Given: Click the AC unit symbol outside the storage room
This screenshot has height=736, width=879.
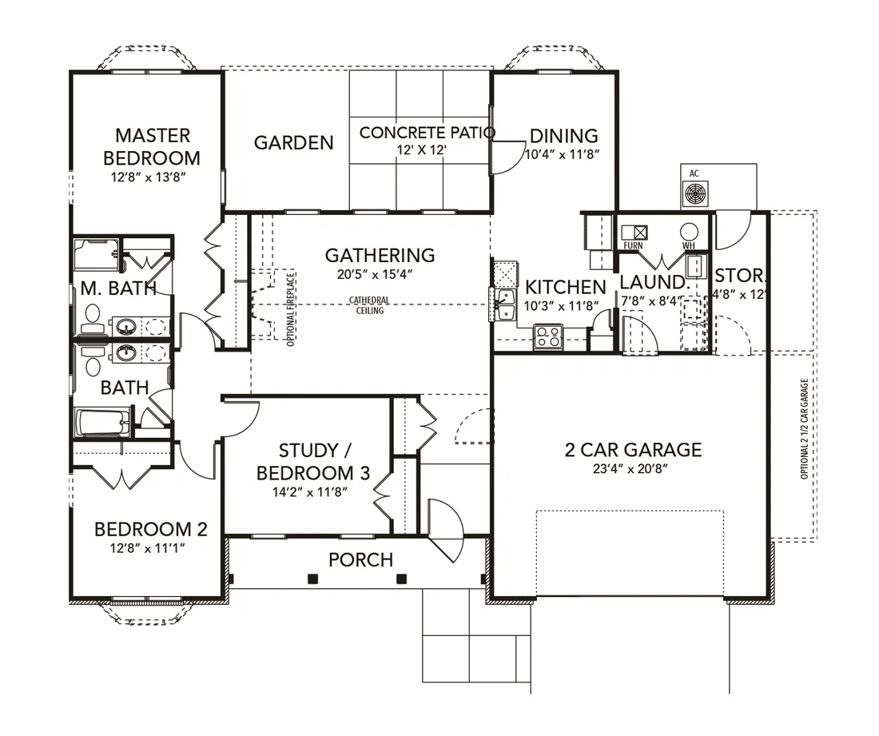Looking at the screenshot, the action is click(x=694, y=194).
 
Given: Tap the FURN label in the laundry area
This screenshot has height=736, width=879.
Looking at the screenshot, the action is click(x=633, y=245).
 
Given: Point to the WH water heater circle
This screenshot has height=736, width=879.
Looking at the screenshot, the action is click(x=689, y=232).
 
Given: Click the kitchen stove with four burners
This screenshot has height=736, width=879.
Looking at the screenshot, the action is click(x=547, y=336).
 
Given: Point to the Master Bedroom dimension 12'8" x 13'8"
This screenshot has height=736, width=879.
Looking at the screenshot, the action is click(x=148, y=177).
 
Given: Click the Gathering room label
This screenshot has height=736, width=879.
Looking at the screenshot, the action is click(x=380, y=255).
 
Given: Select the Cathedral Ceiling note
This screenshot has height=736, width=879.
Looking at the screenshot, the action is click(x=369, y=305).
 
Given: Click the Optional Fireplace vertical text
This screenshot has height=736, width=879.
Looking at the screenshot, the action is click(x=290, y=308).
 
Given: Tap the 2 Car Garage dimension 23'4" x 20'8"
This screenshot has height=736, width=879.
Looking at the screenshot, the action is click(x=630, y=468).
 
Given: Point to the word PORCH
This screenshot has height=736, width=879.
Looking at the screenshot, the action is click(x=360, y=559).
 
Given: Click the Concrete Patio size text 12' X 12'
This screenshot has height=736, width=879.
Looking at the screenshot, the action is click(x=421, y=149).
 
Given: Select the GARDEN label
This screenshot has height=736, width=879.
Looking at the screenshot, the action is click(x=294, y=142).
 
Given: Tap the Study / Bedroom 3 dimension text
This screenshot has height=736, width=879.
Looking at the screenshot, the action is click(x=310, y=492).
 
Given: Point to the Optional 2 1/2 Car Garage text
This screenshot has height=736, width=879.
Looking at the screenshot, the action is click(x=805, y=429).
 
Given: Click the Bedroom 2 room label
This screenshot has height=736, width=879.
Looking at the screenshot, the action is click(x=151, y=528).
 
